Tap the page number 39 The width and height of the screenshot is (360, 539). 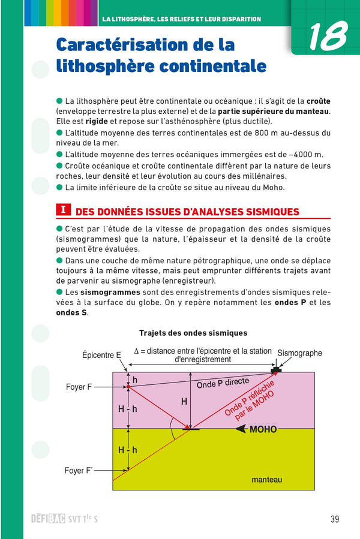tap(335, 519)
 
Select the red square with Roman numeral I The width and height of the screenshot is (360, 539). tap(63, 210)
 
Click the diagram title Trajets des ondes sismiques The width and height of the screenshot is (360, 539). tap(193, 333)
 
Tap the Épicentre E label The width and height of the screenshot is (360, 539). tap(101, 356)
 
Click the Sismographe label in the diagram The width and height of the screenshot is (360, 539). tap(299, 353)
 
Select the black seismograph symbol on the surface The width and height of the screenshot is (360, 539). tap(280, 367)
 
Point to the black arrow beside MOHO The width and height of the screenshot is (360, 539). tap(241, 429)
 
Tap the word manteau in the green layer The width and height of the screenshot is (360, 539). tap(266, 480)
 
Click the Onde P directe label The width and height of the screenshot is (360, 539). tap(223, 384)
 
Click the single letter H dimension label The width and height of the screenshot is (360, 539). tap(184, 401)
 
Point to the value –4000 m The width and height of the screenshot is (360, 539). tap(303, 154)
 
